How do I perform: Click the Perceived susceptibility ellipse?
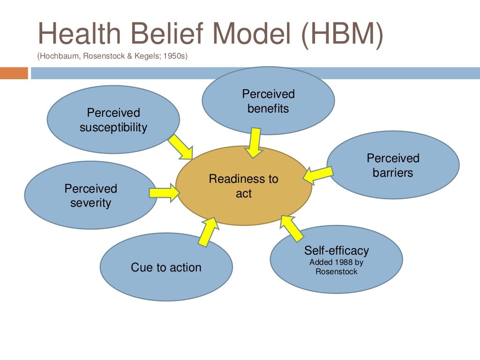(113, 120)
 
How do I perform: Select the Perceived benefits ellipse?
(268, 101)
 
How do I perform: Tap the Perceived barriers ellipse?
(393, 165)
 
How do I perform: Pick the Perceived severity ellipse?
(90, 195)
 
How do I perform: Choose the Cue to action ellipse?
(166, 268)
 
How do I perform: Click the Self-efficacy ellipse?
(336, 260)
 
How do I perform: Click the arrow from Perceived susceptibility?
(181, 147)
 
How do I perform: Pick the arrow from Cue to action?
(208, 232)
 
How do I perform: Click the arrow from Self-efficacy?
(292, 228)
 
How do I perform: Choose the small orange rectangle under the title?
(14, 73)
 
